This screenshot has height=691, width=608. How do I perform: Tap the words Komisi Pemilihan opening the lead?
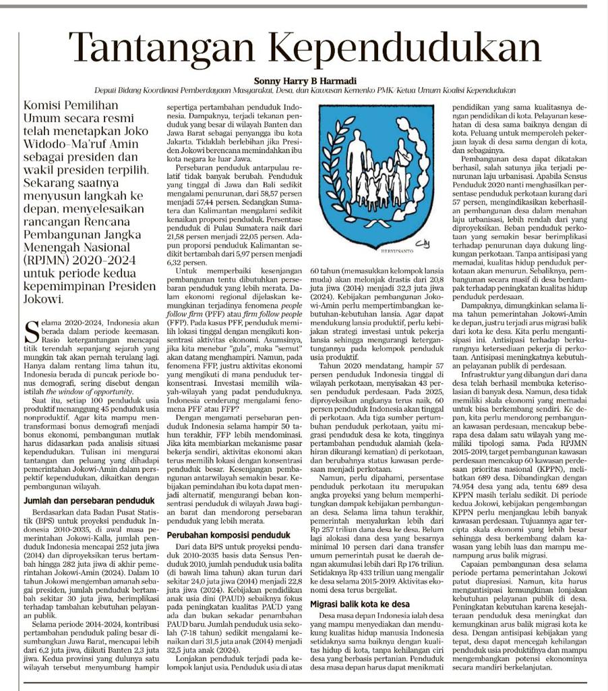71,105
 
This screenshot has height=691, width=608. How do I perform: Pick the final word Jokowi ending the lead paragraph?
44,299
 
